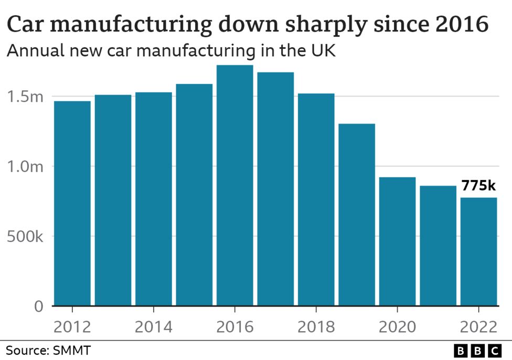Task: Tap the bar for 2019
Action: [357, 215]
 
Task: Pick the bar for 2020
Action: [397, 241]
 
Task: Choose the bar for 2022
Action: [478, 251]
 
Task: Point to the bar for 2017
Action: [275, 189]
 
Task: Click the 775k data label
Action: [478, 186]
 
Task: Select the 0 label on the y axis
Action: [39, 306]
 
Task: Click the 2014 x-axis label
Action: [153, 327]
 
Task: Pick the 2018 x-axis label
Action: [316, 327]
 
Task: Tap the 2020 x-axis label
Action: [397, 327]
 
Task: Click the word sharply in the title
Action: [319, 25]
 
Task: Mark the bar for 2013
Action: [113, 200]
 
